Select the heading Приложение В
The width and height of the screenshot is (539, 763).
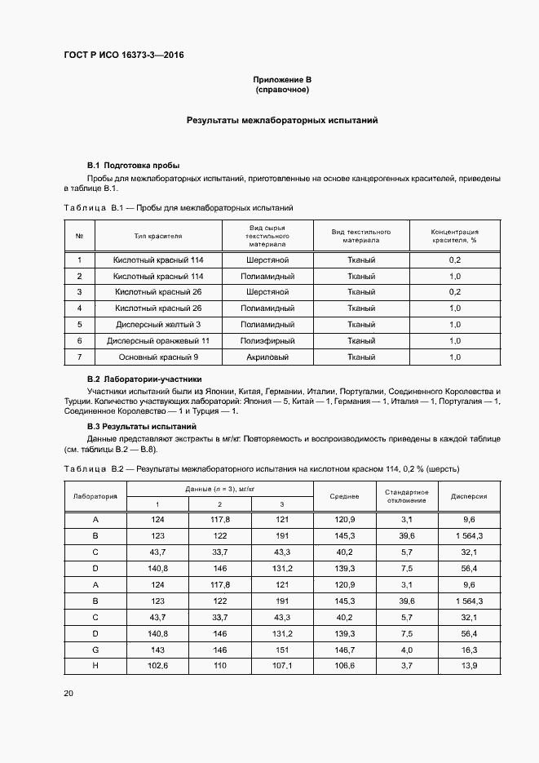point(282,79)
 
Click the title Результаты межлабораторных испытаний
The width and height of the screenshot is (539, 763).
point(282,120)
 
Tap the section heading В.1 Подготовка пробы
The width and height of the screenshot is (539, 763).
point(133,165)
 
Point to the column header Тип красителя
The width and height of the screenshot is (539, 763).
point(158,236)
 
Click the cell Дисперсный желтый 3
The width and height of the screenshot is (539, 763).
point(158,324)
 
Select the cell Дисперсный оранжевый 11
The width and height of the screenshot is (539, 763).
point(158,340)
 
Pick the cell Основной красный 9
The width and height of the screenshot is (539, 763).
point(158,357)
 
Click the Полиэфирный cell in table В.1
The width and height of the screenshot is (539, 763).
point(267,340)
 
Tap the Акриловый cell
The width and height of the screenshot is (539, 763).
point(267,357)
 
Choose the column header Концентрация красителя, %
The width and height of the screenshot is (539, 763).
point(454,236)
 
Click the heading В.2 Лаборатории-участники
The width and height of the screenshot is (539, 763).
point(144,379)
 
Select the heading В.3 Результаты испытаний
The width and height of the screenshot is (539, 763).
point(141,426)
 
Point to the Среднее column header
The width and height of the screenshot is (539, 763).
point(344,495)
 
